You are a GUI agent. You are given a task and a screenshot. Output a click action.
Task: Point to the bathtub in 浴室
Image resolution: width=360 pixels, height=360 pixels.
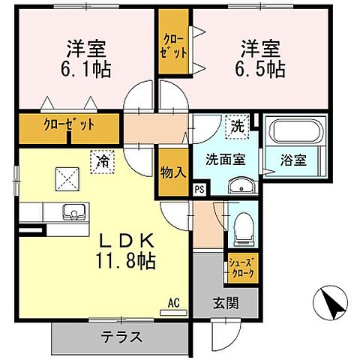295,134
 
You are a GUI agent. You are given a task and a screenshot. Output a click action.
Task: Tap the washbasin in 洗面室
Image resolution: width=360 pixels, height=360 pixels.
239,185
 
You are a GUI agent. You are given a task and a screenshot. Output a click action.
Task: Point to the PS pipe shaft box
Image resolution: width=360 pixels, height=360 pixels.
199,190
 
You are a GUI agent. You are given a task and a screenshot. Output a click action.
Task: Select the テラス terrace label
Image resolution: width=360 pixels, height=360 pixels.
121,337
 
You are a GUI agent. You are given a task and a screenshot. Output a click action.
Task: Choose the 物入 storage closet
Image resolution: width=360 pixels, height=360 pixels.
172,172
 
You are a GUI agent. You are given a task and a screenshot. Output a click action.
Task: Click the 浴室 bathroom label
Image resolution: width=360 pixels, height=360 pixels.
293,160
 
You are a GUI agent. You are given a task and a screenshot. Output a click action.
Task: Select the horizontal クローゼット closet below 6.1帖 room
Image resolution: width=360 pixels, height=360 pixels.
69,125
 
